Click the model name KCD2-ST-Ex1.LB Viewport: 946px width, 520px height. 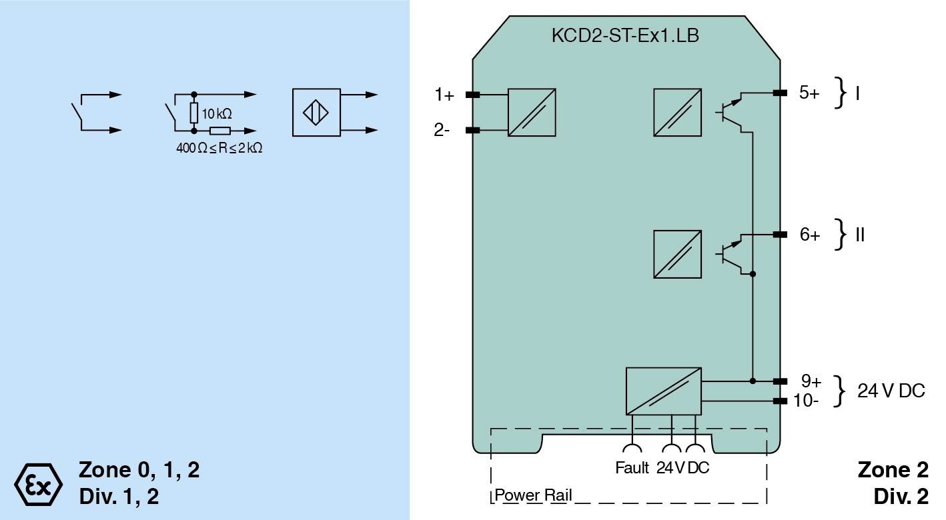[x=625, y=36]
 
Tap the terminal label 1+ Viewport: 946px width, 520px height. [x=444, y=95]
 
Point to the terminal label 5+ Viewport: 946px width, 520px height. [x=809, y=93]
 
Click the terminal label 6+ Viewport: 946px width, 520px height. [x=809, y=235]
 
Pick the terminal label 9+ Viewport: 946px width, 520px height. [x=811, y=381]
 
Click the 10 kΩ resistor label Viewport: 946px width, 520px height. [x=217, y=113]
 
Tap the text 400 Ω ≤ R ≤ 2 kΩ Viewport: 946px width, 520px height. [x=219, y=148]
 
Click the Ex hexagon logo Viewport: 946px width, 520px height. [x=38, y=481]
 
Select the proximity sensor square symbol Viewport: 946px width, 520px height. [x=316, y=112]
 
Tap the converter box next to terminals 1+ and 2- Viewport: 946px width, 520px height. [x=532, y=112]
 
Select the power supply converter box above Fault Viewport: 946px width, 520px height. [x=663, y=391]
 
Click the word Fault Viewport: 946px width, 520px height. [x=632, y=468]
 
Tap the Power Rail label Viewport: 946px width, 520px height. [x=533, y=496]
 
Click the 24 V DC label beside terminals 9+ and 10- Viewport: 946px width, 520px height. [x=891, y=391]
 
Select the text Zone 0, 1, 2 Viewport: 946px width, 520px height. [x=139, y=470]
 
